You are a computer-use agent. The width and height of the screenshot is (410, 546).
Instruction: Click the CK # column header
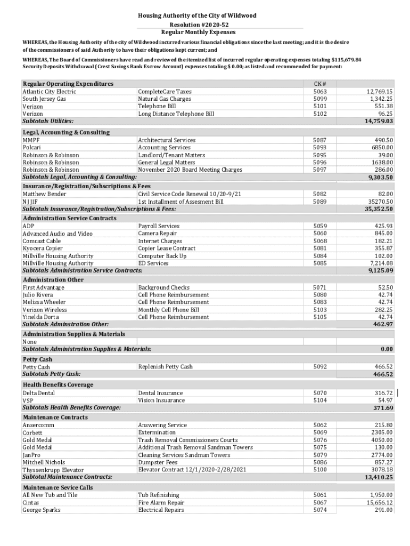[320, 84]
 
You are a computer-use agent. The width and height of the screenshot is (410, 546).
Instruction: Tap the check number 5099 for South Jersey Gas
[320, 99]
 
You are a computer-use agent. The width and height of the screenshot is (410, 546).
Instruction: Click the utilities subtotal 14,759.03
[379, 122]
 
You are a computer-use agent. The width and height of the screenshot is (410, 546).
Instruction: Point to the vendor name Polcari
[31, 148]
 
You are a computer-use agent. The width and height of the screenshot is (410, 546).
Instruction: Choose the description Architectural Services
[167, 140]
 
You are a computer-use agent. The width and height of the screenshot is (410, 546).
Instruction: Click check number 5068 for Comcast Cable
[320, 241]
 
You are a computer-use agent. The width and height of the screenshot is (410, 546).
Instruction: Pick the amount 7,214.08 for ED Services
[379, 263]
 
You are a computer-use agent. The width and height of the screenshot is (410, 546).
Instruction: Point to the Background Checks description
[163, 287]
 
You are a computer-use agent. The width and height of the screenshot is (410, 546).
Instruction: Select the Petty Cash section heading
[37, 359]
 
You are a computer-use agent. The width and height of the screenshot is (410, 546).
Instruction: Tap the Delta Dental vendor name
[38, 393]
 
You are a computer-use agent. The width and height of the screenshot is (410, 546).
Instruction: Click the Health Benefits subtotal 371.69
[383, 408]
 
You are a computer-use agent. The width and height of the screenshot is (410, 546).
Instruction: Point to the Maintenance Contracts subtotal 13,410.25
[379, 477]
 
